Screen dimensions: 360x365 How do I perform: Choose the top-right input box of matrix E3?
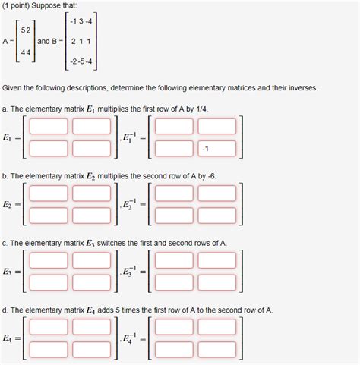[x=91, y=261]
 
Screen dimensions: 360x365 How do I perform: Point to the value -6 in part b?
[x=210, y=175]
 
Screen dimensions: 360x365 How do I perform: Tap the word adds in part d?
[x=116, y=310]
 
